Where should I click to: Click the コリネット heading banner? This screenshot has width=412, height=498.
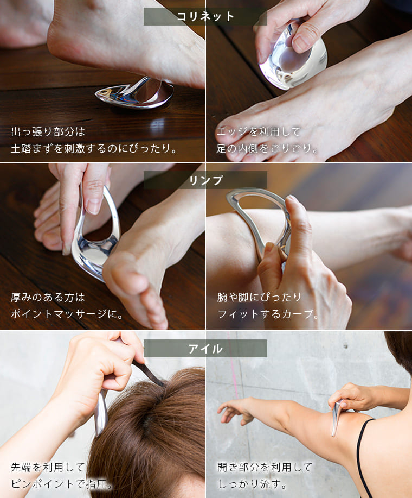coord(205,16)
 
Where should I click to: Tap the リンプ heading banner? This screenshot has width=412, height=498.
coord(205,180)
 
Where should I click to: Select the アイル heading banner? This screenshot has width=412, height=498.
coord(205,349)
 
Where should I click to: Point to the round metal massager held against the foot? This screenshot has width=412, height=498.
coord(293,59)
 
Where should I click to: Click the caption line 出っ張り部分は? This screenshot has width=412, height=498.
coord(48,131)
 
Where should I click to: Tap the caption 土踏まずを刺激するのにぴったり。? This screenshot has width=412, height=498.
coord(94,148)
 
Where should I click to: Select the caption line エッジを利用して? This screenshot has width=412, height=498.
coord(258,131)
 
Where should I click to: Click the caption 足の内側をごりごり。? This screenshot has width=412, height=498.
coord(267,148)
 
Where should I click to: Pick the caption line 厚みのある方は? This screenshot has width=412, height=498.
coord(48,297)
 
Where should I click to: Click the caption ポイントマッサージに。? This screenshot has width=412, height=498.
coord(67,314)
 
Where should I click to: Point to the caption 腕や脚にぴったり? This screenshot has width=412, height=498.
coord(259,297)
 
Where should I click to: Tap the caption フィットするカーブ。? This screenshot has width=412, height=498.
coord(268,314)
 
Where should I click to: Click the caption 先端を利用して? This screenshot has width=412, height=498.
coord(48,467)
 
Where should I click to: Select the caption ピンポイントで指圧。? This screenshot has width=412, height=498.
coord(62,484)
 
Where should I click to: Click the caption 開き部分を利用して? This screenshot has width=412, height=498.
coord(265,467)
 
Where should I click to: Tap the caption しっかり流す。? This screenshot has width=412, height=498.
coord(252,484)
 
